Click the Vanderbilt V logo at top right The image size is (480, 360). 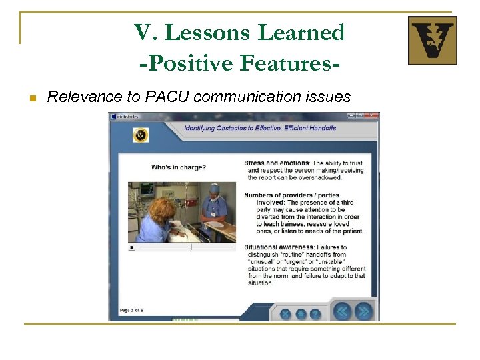tap(432, 41)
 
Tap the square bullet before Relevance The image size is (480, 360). tap(31, 98)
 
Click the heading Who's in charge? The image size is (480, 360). tap(179, 167)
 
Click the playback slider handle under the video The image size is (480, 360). tap(191, 247)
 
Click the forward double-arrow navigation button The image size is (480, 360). tap(363, 311)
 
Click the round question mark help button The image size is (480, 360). tap(315, 314)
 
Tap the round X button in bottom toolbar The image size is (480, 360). tap(285, 314)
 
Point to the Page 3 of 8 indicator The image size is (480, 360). tap(131, 310)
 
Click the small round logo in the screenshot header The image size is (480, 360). tap(141, 135)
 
